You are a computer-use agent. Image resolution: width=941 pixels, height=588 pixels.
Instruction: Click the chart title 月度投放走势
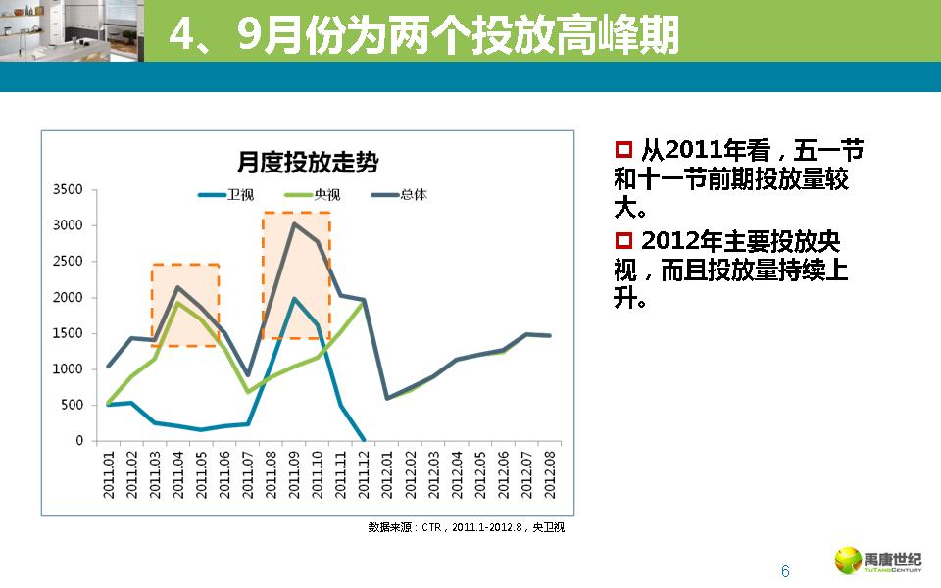pos(307,161)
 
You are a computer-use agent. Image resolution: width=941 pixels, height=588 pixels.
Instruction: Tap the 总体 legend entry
pos(413,194)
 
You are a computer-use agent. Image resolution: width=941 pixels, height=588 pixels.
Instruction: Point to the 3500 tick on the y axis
pos(69,189)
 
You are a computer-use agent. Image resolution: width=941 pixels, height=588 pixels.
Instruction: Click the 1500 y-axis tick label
pos(69,333)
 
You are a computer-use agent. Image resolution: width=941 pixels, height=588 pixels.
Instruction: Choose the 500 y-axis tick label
pos(73,405)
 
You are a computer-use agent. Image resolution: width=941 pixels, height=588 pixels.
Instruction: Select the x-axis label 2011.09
pos(294,472)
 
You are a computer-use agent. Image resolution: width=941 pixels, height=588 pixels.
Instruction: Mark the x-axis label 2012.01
pos(387,472)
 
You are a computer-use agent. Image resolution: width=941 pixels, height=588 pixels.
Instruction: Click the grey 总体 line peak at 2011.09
pos(294,223)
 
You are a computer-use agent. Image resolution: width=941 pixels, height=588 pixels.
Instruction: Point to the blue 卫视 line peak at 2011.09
pos(294,299)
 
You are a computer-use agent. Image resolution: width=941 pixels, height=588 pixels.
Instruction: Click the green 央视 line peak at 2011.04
pos(177,303)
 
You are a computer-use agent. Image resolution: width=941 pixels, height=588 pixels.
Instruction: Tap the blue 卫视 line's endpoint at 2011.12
pos(364,440)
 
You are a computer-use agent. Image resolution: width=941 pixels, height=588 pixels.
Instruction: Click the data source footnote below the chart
pos(466,527)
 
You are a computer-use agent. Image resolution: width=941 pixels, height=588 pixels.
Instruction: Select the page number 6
pos(784,572)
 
